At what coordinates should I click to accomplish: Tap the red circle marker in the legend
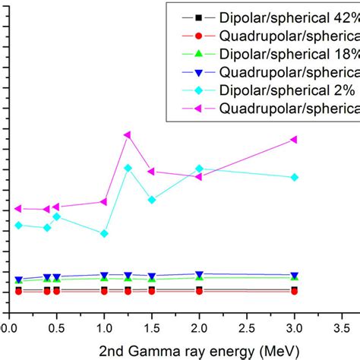198,36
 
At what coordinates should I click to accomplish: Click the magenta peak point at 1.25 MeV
127,135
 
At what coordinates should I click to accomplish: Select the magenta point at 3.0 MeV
294,140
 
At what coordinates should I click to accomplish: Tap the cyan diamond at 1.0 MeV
104,233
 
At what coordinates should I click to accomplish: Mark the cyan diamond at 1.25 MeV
128,168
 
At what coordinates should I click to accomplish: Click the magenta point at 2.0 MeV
199,176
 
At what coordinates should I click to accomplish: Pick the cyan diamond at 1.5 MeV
152,200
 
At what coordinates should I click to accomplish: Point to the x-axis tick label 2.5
247,327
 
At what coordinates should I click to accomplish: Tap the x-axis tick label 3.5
342,327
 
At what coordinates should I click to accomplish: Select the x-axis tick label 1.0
104,327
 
